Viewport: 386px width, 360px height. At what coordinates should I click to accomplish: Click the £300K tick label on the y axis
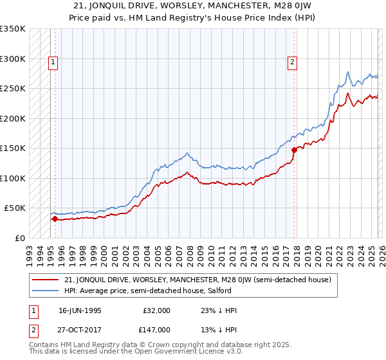(13, 59)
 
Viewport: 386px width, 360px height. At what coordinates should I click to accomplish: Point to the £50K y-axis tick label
(15, 208)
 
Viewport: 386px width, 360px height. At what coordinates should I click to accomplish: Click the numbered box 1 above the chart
(53, 62)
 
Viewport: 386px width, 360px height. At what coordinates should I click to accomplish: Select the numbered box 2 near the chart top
(292, 62)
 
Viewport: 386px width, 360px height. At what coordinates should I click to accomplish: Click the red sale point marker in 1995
(55, 219)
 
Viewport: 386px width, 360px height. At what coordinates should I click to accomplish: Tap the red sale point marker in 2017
(295, 150)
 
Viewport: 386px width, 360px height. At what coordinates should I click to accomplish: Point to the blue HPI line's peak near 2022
(347, 71)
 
